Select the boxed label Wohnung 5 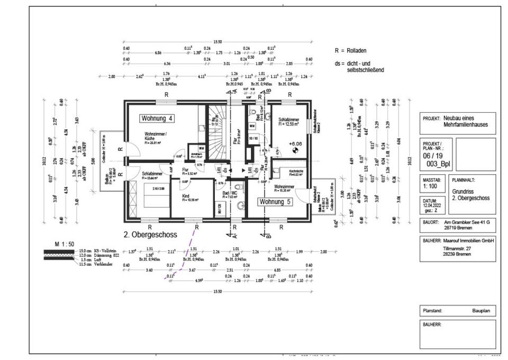click(x=275, y=202)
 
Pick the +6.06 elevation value click(x=295, y=143)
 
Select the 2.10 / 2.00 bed click(x=150, y=189)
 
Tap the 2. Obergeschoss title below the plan click(x=150, y=233)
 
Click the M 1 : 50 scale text click(x=65, y=244)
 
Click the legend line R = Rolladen click(x=350, y=51)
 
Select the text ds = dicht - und click(x=354, y=63)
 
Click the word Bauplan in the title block click(x=482, y=311)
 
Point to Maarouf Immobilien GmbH click(x=466, y=240)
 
